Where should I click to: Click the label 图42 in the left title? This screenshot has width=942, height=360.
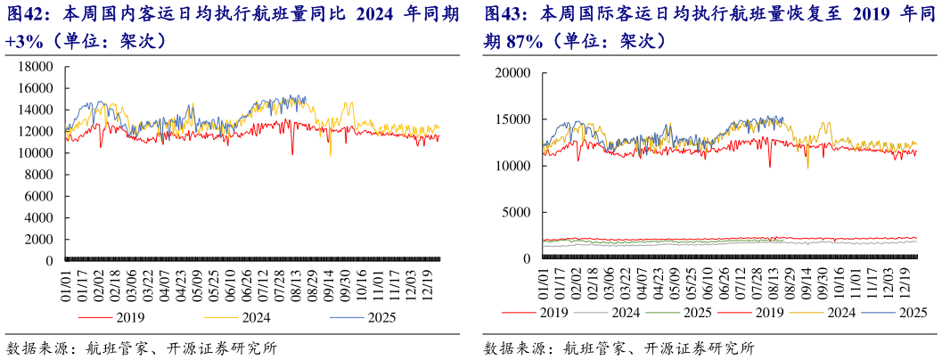point(28,15)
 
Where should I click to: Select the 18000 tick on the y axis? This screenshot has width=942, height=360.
point(37,67)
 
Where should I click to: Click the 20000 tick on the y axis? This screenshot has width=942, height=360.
point(514,73)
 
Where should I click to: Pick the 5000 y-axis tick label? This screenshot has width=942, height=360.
point(518,212)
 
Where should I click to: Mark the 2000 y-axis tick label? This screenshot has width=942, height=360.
point(41,240)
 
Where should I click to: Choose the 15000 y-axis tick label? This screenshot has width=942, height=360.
point(514,119)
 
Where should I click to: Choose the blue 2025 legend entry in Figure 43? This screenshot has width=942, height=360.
point(912,312)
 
